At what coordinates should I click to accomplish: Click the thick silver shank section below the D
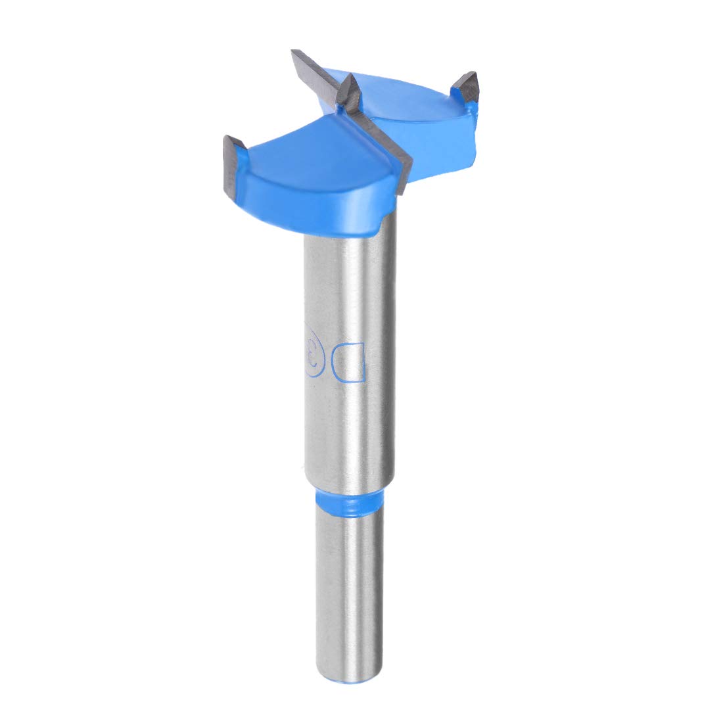pos(352,434)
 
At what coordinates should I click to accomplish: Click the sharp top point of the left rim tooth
pos(227,136)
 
